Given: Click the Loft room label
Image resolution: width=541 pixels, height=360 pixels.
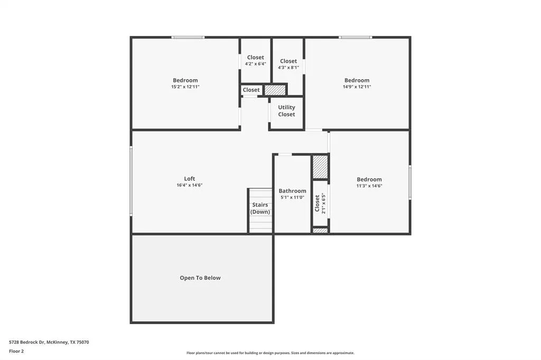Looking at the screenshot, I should tap(189, 178).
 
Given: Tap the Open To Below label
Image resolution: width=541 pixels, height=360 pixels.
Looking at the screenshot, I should tap(200, 278).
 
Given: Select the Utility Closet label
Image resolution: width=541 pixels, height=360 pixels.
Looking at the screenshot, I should tap(286, 111).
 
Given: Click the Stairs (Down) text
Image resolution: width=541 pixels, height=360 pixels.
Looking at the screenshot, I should tap(260, 208).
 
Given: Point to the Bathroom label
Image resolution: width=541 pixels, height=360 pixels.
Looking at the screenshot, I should tap(292, 191).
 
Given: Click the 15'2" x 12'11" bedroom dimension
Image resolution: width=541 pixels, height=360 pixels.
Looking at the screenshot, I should tap(185, 87).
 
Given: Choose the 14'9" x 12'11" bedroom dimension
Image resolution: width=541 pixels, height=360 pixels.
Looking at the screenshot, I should tap(357, 87).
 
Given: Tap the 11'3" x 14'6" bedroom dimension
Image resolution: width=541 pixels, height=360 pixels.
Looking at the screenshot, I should tap(369, 186).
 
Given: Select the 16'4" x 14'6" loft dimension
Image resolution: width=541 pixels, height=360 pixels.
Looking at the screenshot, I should tap(189, 185).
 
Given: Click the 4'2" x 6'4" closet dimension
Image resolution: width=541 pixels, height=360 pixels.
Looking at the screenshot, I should tap(255, 64).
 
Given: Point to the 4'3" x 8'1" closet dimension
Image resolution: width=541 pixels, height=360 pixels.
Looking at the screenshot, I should tap(288, 68).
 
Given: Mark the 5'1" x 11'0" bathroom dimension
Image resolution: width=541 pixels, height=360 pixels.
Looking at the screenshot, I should tap(292, 197).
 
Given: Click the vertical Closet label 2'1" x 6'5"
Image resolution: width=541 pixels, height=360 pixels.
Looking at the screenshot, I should tap(320, 203).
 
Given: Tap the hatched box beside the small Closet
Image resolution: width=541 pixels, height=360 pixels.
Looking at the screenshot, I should tap(275, 90).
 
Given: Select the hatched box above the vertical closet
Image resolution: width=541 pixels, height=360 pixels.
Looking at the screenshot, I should tap(320, 167).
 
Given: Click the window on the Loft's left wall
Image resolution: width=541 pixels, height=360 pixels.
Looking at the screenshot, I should tap(131, 181).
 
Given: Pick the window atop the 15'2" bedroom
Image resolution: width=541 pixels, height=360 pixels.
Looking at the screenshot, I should tap(188, 37).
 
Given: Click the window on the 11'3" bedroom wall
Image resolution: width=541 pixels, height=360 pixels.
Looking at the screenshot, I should tap(410, 182).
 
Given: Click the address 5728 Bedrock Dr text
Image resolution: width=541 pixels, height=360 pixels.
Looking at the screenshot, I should tap(49, 342).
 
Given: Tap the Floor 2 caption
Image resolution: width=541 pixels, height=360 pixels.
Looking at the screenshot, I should tap(16, 351).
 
